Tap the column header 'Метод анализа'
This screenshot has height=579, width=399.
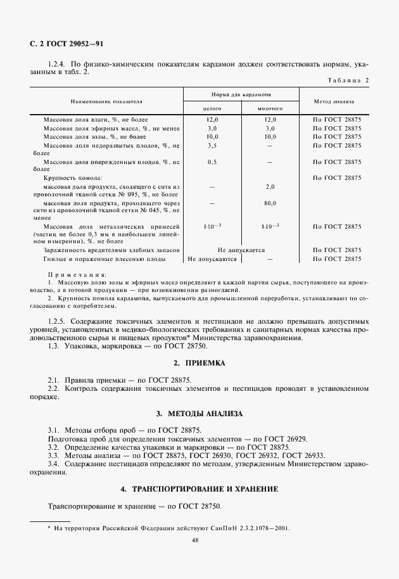[x=334, y=101]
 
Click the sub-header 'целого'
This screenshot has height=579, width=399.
[x=212, y=108]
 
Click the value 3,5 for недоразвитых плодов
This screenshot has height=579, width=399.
[x=212, y=146]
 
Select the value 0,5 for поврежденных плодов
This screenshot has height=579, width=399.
[x=212, y=162]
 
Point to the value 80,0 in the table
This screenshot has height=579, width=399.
[x=270, y=203]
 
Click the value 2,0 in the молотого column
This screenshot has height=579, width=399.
[x=270, y=187]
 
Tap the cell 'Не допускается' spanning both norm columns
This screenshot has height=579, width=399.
[x=241, y=250]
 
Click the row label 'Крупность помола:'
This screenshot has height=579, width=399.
[x=73, y=179]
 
